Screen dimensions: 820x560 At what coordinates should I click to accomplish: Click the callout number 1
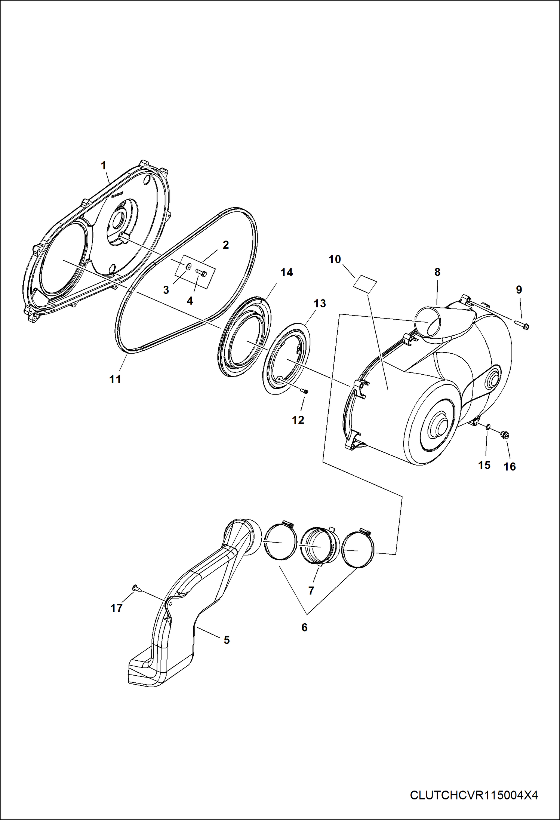pos(104,165)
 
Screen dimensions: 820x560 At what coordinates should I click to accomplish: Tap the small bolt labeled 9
pos(522,325)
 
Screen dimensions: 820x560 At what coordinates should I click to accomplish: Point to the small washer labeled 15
pos(488,427)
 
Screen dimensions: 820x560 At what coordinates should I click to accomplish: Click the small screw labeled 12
pos(305,391)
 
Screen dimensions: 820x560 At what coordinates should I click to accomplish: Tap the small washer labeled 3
pos(189,266)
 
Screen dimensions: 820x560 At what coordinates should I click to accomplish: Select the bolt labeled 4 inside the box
pos(201,274)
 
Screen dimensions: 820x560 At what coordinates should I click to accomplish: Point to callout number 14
pos(287,273)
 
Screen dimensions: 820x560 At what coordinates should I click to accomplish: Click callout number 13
pos(320,303)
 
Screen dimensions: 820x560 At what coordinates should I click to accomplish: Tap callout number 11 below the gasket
pos(115,379)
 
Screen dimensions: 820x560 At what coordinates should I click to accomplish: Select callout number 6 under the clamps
pos(304,627)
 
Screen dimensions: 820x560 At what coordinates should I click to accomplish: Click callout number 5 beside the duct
pos(227,640)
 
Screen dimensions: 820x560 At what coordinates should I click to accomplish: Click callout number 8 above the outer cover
pos(437,272)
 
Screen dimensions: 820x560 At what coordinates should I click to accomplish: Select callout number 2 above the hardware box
pos(226,245)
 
